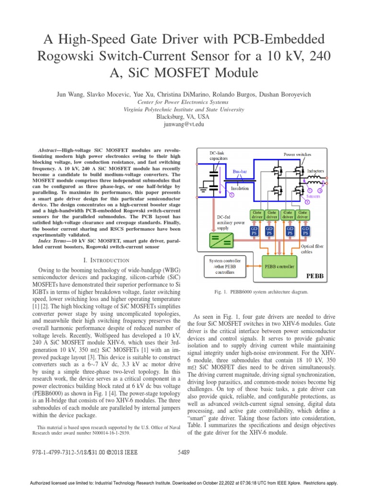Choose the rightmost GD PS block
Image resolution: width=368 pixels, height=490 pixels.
(305, 231)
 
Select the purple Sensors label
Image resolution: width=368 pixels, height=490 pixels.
(313, 196)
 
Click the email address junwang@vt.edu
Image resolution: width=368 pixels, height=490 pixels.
(184, 123)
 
